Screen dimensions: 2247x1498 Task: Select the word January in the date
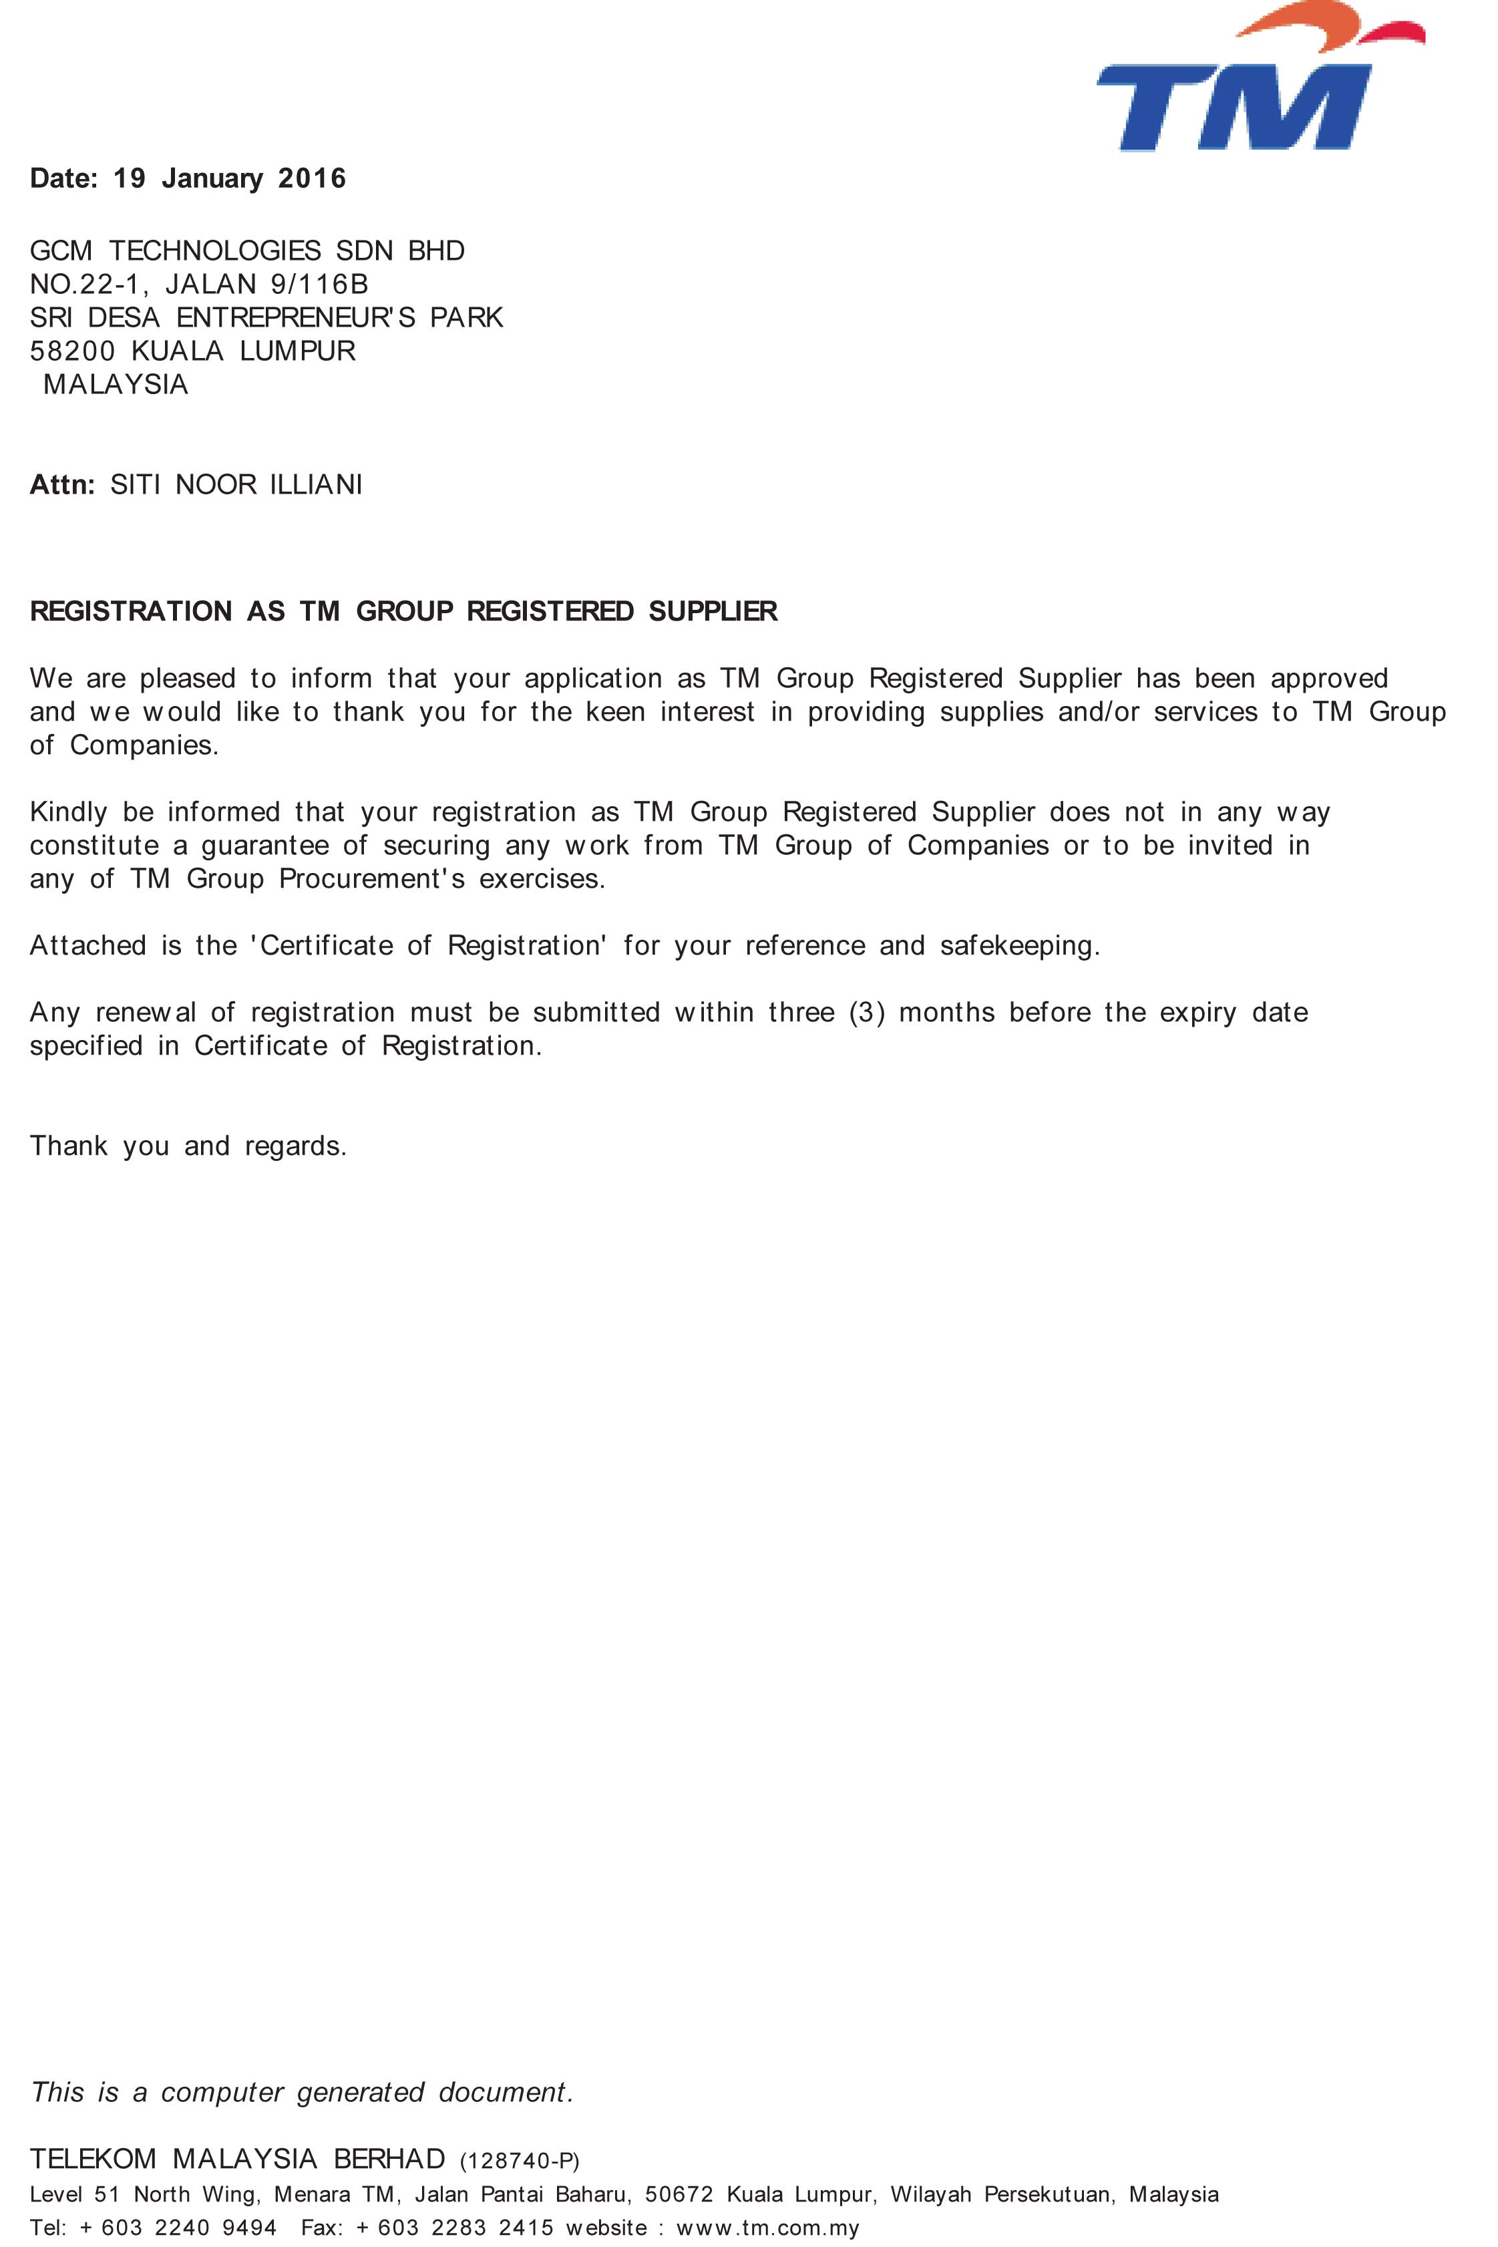tap(212, 178)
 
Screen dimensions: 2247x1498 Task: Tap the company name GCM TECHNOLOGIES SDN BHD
tap(247, 251)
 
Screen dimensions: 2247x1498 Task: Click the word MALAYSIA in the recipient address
tap(116, 385)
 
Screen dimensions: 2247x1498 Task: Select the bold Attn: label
tap(62, 486)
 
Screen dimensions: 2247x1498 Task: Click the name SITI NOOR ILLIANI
tap(236, 486)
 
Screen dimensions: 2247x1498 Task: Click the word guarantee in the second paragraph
tap(264, 846)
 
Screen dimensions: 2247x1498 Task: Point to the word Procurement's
tap(371, 879)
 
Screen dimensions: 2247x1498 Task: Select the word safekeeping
tap(1018, 946)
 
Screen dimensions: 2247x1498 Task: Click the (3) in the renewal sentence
tap(866, 1013)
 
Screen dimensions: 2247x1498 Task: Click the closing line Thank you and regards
tap(188, 1146)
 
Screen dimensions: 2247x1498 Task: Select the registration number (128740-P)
tap(520, 2161)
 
